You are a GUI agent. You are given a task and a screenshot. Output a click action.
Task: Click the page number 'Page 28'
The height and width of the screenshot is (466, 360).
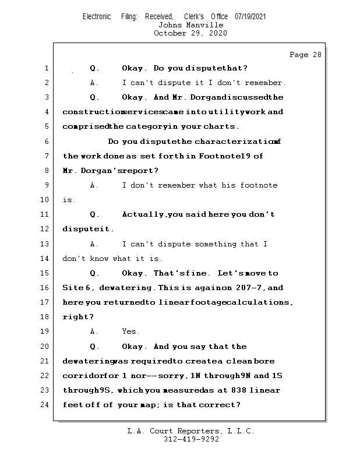pos(305,55)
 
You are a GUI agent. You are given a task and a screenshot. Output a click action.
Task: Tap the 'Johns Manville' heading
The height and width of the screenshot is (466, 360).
pos(190,25)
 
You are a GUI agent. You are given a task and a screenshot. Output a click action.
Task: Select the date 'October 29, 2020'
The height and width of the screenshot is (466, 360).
pos(190,33)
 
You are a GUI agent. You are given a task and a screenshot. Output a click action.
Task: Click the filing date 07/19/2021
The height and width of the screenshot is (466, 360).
pos(250,16)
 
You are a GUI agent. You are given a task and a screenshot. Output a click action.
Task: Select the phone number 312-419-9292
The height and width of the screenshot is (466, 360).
pos(191,439)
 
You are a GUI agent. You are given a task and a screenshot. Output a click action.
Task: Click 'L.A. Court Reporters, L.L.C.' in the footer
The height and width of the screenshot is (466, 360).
pos(190,431)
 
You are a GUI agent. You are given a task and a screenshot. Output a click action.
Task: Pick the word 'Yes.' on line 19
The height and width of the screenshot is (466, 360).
pos(130,331)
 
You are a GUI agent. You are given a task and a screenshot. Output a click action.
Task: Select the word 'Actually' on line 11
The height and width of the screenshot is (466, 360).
pos(143,214)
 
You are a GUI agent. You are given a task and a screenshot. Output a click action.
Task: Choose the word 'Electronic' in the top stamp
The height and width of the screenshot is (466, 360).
pos(97,16)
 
